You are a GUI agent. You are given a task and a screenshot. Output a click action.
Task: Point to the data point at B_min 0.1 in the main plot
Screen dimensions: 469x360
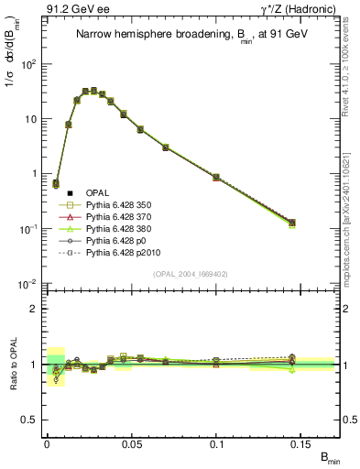(216, 177)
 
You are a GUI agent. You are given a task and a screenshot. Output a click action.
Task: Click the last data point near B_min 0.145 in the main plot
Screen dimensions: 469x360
(292, 223)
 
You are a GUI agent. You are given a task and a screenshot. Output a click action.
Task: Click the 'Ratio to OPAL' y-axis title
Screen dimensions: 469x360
(12, 365)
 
